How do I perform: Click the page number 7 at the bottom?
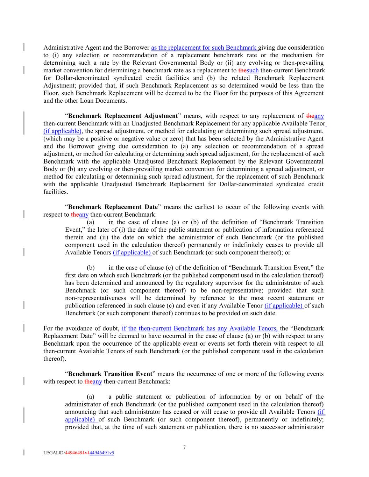coord(184,447)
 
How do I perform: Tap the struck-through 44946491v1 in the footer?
coord(77,453)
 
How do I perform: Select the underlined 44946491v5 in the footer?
coord(102,453)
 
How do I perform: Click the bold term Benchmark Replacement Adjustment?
coord(123,116)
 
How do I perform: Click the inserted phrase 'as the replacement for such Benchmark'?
coord(204,48)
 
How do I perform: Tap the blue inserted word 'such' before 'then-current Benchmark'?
coord(253,71)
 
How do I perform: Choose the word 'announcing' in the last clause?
coord(80,412)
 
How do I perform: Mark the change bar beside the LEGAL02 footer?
coord(24,453)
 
